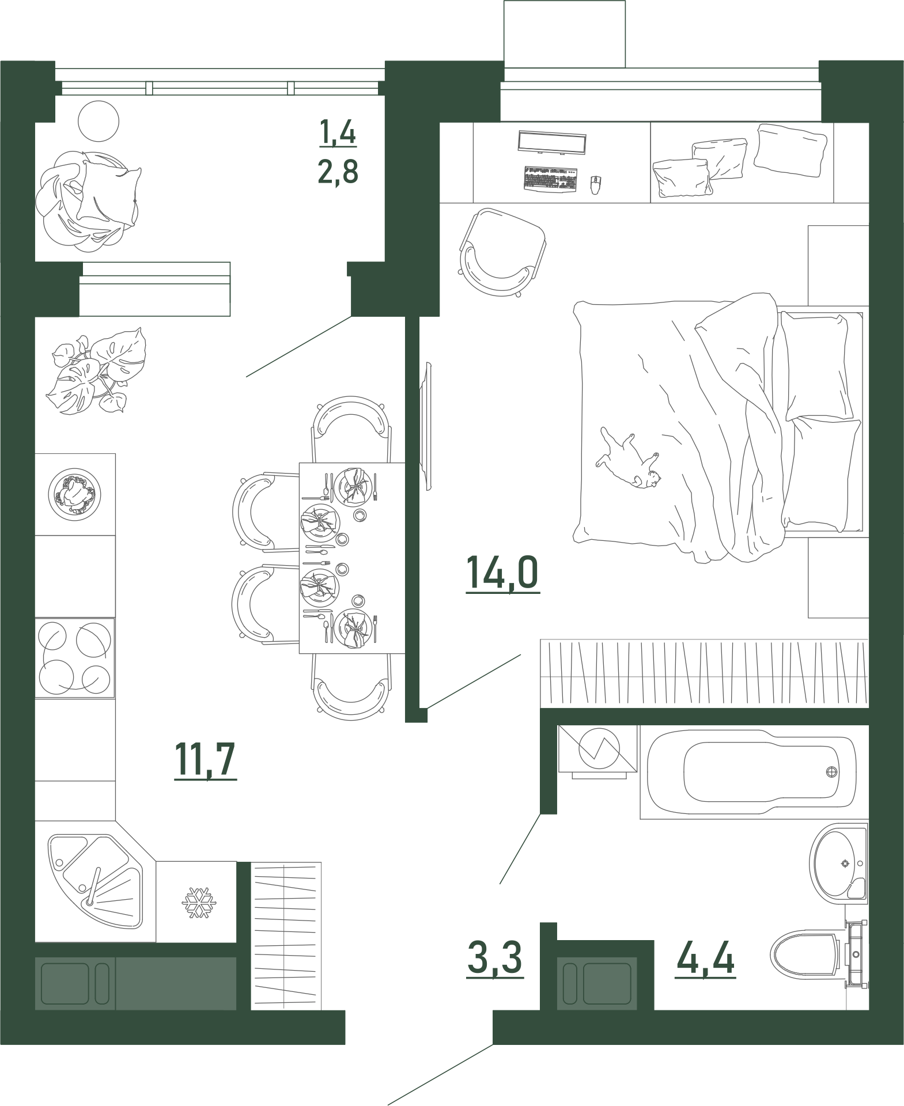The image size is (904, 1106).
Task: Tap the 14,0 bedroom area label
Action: coord(502,574)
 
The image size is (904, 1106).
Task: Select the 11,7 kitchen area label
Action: coord(206,760)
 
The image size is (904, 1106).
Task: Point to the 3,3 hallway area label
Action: coord(495,959)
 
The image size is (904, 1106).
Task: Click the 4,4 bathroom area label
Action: coord(706,959)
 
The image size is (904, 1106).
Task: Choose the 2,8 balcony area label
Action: coord(338,171)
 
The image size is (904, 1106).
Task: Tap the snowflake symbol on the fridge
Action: coord(198,903)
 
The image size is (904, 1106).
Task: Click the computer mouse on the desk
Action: coord(595,184)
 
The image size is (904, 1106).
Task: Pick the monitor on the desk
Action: coord(552,142)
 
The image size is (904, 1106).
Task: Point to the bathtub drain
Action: coord(831,772)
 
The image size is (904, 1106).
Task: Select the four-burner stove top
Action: coord(75,658)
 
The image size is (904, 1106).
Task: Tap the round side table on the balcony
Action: coord(99,121)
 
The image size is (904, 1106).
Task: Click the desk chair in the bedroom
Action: coord(502,252)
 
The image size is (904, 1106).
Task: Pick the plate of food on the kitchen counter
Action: coord(75,494)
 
